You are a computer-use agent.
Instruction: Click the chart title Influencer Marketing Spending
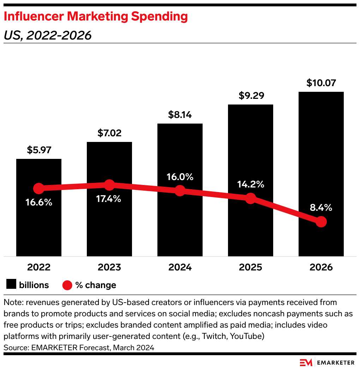click(x=96, y=16)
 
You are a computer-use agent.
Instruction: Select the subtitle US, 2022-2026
click(x=47, y=35)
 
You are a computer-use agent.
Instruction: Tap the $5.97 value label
click(x=39, y=150)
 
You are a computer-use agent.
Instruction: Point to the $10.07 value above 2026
click(x=321, y=83)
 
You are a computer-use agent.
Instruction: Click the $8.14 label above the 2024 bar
click(x=180, y=115)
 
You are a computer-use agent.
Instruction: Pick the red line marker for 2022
click(x=39, y=188)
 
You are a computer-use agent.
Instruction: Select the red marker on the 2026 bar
click(x=321, y=222)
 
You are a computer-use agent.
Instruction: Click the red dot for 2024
click(x=180, y=191)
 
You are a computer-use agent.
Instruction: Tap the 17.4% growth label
click(x=109, y=199)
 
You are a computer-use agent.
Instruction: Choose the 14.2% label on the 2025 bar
click(x=250, y=184)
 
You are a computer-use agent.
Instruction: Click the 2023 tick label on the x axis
click(x=109, y=267)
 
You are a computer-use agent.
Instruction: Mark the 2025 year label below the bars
click(x=250, y=267)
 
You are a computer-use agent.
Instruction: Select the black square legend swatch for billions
click(x=11, y=285)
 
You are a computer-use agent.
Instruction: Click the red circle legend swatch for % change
click(x=67, y=285)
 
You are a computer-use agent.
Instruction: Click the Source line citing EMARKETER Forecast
click(x=79, y=347)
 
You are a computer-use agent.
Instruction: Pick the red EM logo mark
click(x=307, y=363)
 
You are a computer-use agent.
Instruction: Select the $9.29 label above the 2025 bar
click(x=250, y=96)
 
